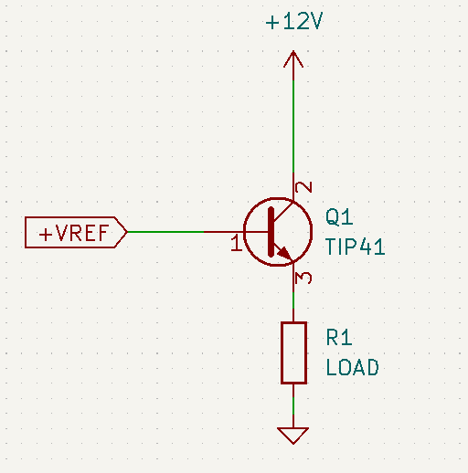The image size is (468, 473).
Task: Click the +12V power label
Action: click(x=294, y=22)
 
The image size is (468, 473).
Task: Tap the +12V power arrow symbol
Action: click(x=293, y=59)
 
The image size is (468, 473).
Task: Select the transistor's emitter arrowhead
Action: click(x=284, y=253)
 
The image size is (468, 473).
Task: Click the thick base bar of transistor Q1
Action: click(x=271, y=232)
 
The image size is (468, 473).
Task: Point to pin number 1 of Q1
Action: click(x=236, y=243)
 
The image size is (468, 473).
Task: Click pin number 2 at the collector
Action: click(x=303, y=187)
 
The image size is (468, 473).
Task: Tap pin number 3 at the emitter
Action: click(x=303, y=278)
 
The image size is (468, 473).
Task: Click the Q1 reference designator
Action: click(x=339, y=216)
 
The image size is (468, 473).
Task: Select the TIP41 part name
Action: click(x=355, y=247)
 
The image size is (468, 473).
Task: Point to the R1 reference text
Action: click(x=339, y=337)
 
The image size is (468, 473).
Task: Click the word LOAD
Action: click(x=352, y=367)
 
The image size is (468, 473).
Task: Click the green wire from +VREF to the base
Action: click(x=165, y=232)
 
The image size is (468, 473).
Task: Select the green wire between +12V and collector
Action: click(x=293, y=126)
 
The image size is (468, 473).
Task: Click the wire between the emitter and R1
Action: click(x=293, y=300)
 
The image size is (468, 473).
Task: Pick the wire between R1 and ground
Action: click(x=293, y=405)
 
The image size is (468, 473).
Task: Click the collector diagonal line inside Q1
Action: click(x=283, y=211)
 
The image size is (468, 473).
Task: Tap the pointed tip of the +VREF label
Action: click(x=127, y=232)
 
